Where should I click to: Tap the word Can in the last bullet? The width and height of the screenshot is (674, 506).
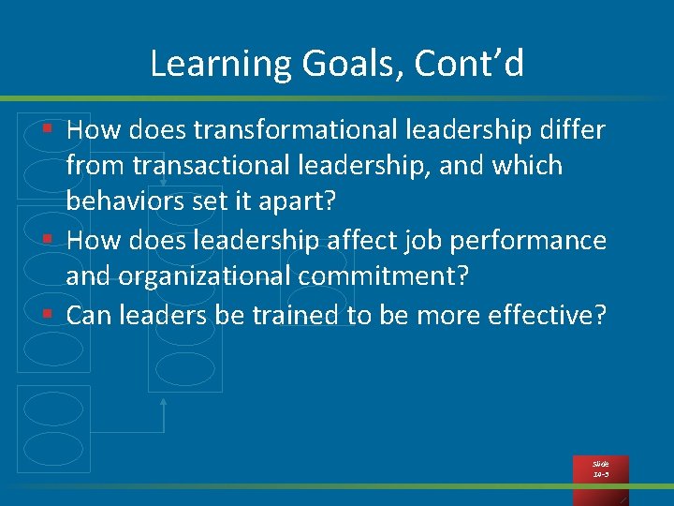point(89,316)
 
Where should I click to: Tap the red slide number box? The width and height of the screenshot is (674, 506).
point(600,469)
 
